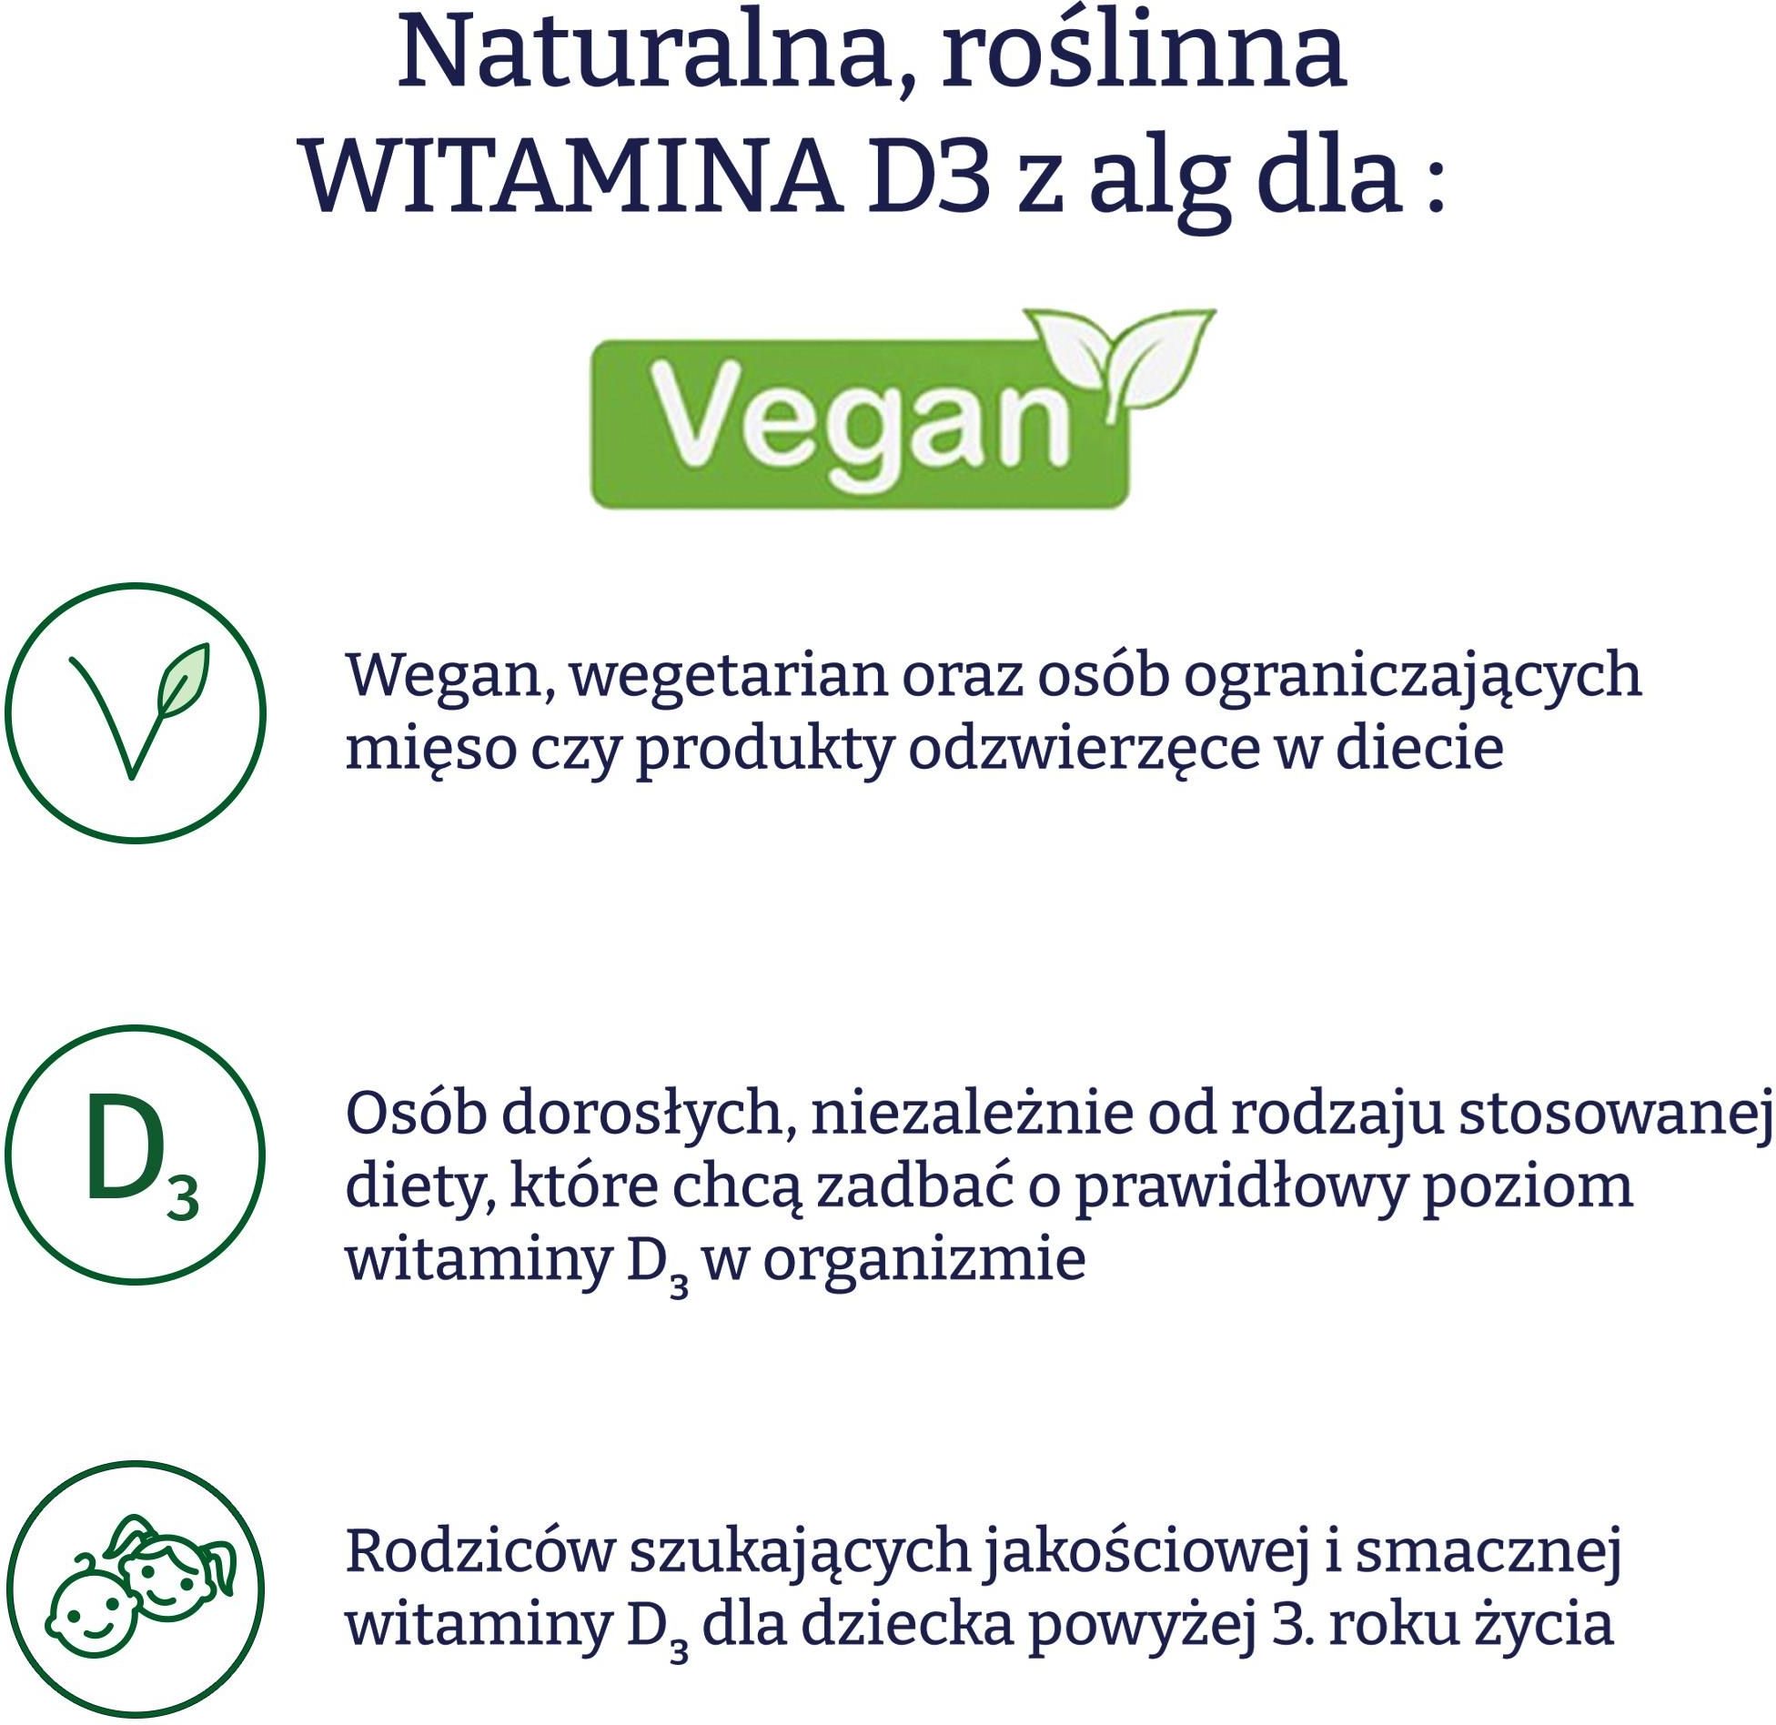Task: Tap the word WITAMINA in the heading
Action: (x=573, y=178)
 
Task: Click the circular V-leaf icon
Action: (x=135, y=712)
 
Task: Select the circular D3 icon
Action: (x=135, y=1155)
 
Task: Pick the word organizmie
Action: (x=924, y=1260)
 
